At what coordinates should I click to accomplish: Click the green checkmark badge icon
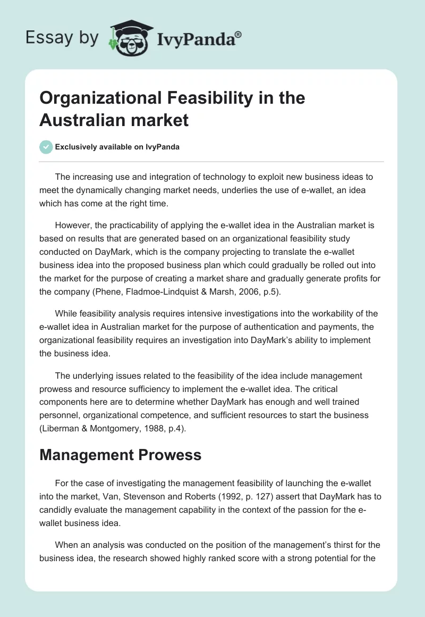point(46,147)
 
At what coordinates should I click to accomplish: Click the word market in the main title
point(162,120)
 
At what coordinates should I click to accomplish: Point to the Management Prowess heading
point(120,455)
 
